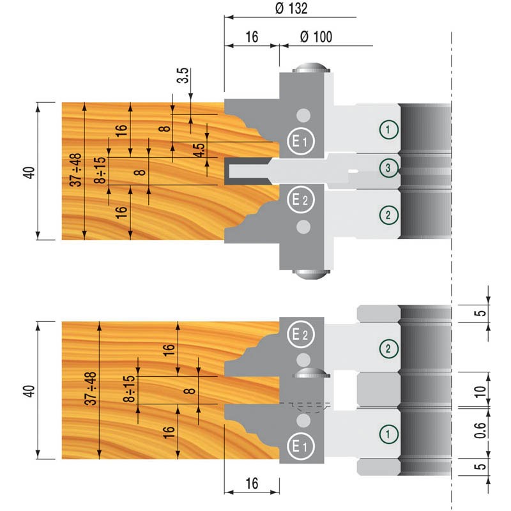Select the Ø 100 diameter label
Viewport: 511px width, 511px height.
tap(315, 37)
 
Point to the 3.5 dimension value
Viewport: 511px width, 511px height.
tap(183, 75)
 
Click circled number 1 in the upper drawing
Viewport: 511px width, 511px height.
tap(388, 130)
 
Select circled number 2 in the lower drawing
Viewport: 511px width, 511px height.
tap(388, 348)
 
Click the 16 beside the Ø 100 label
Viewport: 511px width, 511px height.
tap(251, 37)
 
